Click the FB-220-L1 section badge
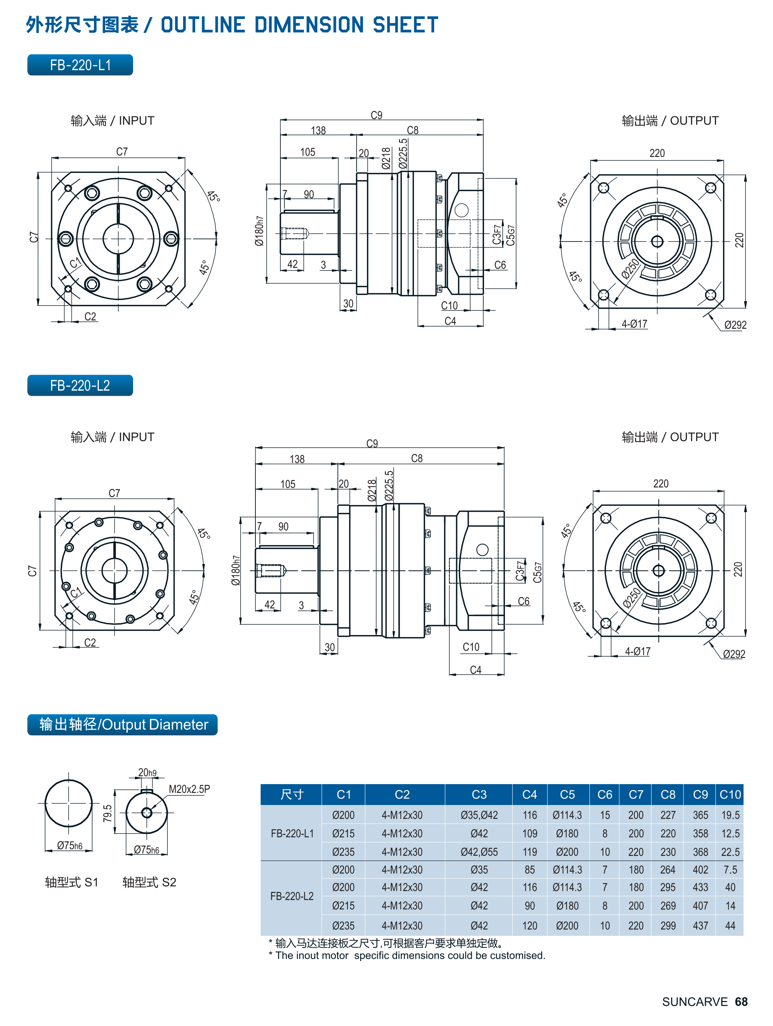coord(80,65)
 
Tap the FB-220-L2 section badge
coord(80,385)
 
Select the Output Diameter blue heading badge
coord(122,724)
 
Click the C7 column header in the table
coord(636,795)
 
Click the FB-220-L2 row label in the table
coord(292,896)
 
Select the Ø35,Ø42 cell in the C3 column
coord(479,815)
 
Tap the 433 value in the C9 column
coord(700,887)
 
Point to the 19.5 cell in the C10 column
coord(730,815)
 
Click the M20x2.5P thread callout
coord(189,789)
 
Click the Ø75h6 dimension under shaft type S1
coord(70,846)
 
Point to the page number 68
coord(741,1002)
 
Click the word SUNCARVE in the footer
coord(695,1002)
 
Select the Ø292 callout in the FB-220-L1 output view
coord(735,325)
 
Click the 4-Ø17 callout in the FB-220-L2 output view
coord(638,651)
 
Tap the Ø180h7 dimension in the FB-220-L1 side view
coord(259,231)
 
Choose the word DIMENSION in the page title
coord(309,25)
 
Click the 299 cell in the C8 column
coord(668,926)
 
